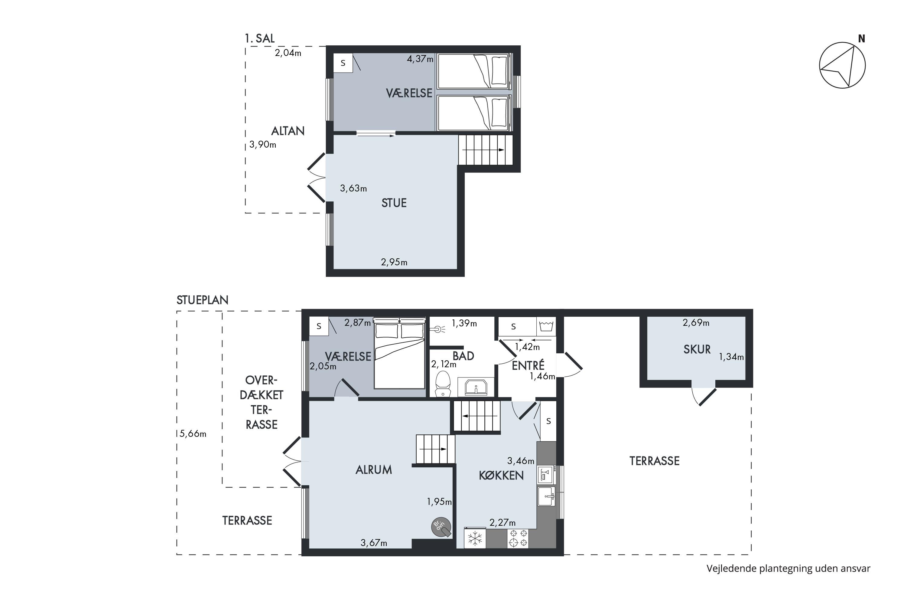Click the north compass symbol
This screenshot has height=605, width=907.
(x=842, y=65)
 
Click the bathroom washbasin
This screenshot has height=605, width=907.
(x=476, y=387)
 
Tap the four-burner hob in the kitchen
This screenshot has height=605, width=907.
(x=518, y=538)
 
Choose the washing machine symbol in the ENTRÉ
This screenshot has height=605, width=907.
(x=546, y=326)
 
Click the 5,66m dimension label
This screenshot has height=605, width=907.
(x=193, y=434)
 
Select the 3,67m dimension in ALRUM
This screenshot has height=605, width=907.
(x=374, y=543)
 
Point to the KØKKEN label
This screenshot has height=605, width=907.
(x=501, y=475)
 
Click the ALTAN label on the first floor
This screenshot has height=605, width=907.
(x=288, y=131)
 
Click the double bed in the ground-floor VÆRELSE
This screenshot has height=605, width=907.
(x=399, y=353)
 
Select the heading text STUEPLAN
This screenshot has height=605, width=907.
(x=203, y=300)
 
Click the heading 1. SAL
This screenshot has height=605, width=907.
(x=259, y=38)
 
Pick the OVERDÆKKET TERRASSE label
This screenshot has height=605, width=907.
(x=262, y=402)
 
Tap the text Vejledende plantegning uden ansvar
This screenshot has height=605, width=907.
(x=788, y=568)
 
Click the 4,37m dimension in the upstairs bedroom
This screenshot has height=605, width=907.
(x=420, y=59)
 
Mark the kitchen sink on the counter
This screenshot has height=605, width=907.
(x=546, y=496)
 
